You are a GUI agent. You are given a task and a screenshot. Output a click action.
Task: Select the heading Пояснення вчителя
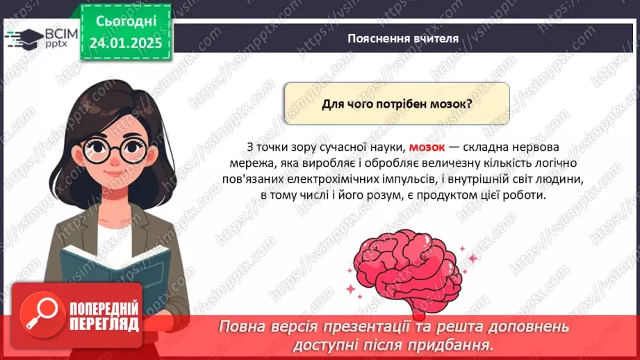point(403,39)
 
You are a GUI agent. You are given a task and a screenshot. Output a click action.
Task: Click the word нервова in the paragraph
point(537,147)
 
